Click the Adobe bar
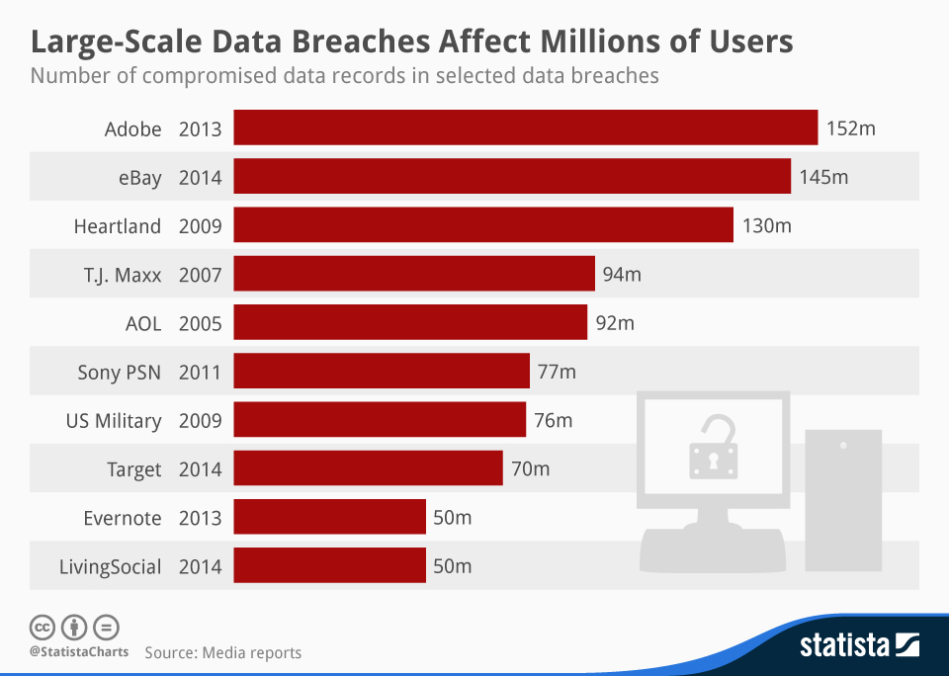tap(525, 128)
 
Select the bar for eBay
tap(512, 177)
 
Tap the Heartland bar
tap(483, 225)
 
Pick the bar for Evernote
tap(330, 517)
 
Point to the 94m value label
tap(622, 274)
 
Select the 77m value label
tap(556, 372)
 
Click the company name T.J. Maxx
tap(123, 275)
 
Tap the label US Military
tap(114, 420)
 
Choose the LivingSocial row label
tap(110, 566)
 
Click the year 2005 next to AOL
tap(201, 323)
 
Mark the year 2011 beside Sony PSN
tap(201, 372)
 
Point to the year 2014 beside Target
tap(201, 468)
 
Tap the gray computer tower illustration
tap(842, 499)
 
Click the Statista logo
tap(859, 646)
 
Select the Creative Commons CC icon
tap(42, 627)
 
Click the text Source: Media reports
tap(222, 652)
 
